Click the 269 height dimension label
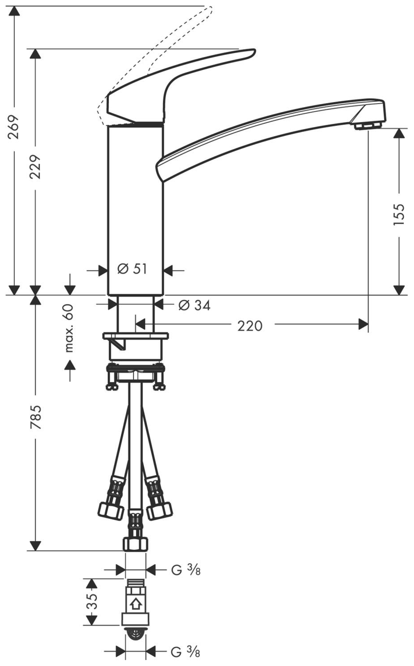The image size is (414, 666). [x=15, y=127]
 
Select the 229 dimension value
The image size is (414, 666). [x=35, y=166]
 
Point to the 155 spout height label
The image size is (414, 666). [x=399, y=214]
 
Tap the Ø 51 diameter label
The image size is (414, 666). [x=132, y=269]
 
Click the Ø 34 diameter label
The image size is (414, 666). [x=194, y=305]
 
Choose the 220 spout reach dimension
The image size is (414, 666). [x=250, y=326]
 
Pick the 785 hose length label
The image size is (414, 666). [x=35, y=417]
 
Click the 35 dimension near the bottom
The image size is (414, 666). [x=91, y=601]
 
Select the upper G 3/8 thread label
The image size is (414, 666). [x=186, y=570]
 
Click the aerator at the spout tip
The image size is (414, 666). [x=368, y=125]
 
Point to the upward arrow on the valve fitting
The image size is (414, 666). [x=136, y=604]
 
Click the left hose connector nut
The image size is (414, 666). [x=110, y=510]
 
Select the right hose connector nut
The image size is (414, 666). [x=158, y=510]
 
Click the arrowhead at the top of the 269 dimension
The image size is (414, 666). [x=15, y=11]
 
